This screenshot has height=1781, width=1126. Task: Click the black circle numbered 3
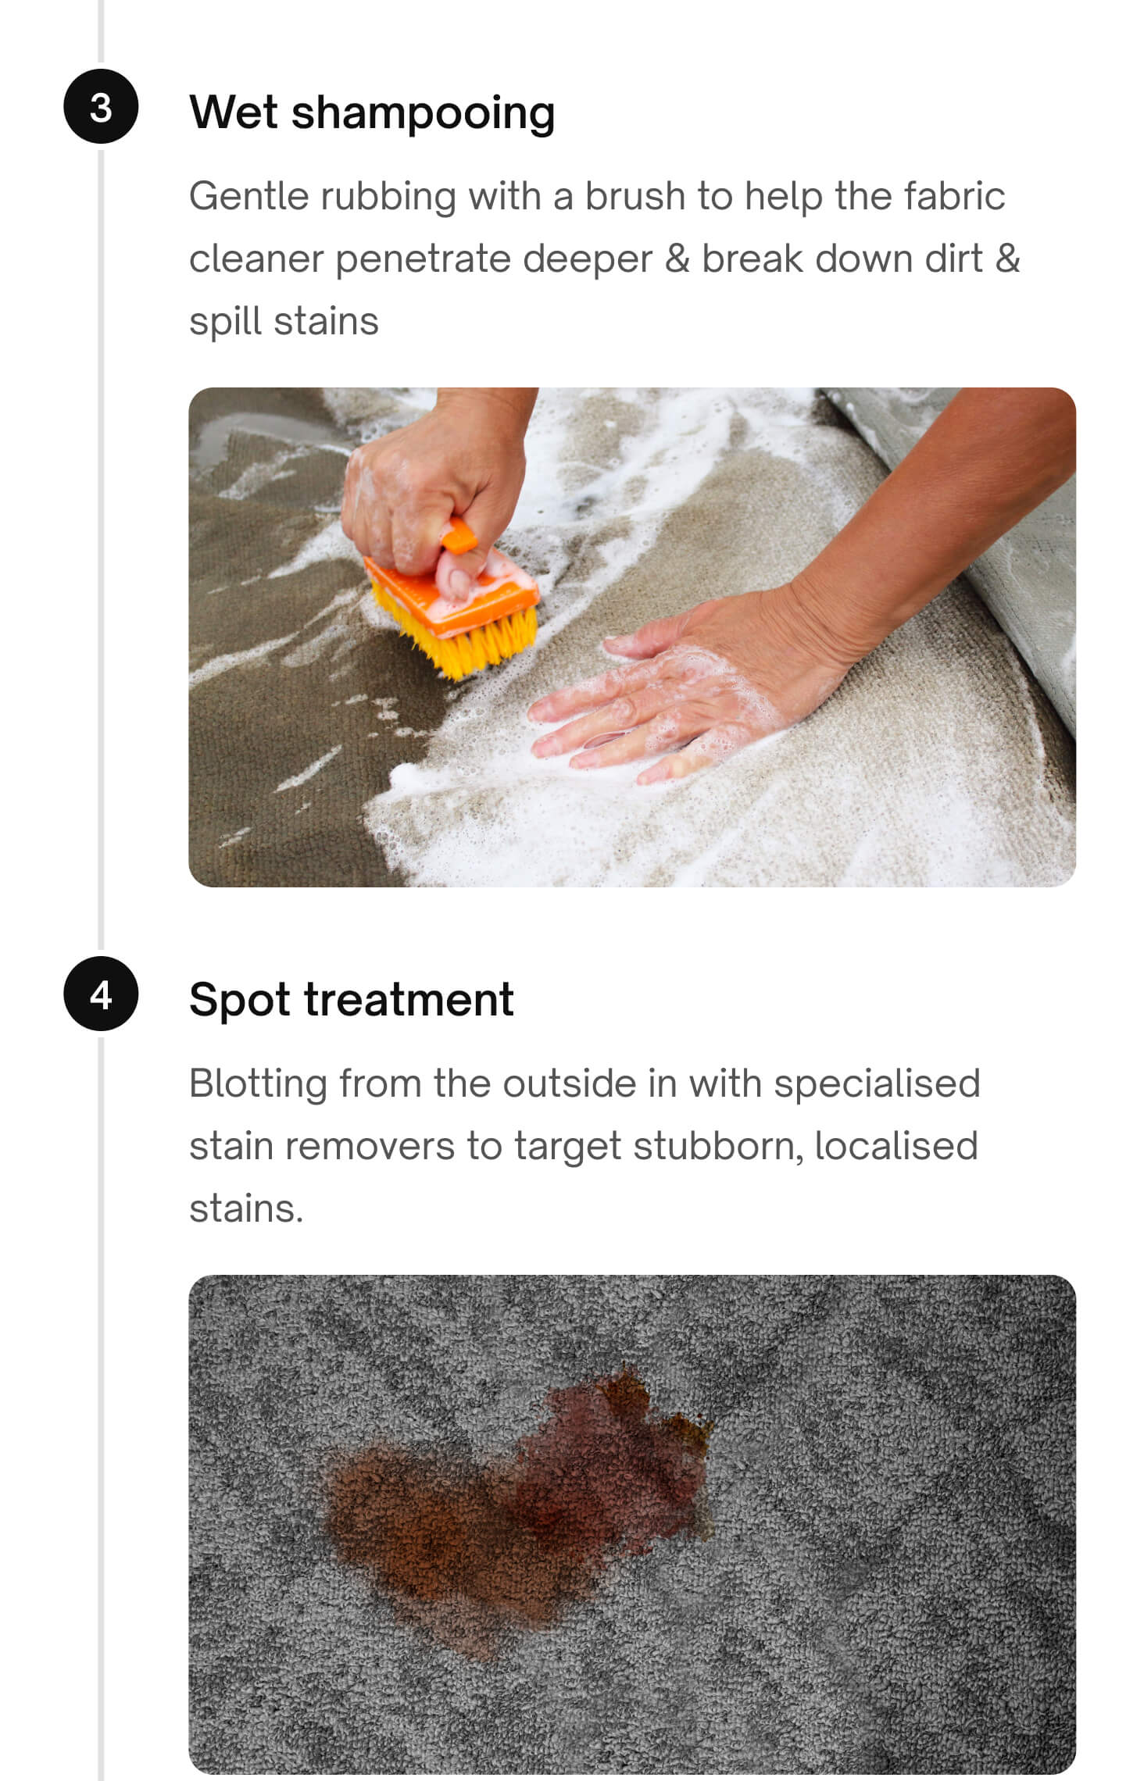point(101,106)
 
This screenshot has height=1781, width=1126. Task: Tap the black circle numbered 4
point(101,994)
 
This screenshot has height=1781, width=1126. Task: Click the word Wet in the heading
point(233,112)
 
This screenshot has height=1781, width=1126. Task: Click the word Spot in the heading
point(240,1000)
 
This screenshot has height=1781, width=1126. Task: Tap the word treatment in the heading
point(409,1000)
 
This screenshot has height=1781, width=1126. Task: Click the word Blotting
point(258,1084)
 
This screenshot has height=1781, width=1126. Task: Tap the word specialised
point(877,1084)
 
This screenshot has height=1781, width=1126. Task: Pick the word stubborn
point(717,1147)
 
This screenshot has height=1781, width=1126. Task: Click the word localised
point(895,1147)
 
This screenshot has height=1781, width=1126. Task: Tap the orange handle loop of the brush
point(459,538)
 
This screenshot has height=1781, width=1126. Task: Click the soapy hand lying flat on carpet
point(664,703)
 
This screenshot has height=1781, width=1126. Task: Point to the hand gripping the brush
point(430,484)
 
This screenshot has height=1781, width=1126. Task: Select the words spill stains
point(284,322)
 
